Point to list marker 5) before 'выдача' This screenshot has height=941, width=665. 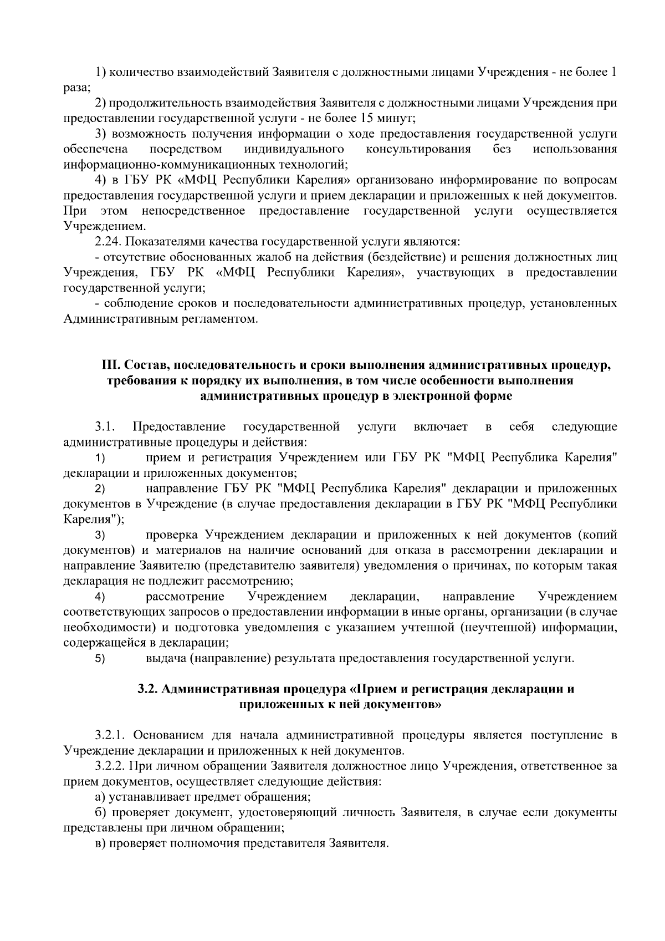pyautogui.click(x=100, y=659)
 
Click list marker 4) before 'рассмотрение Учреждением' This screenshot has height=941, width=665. pyautogui.click(x=100, y=597)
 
